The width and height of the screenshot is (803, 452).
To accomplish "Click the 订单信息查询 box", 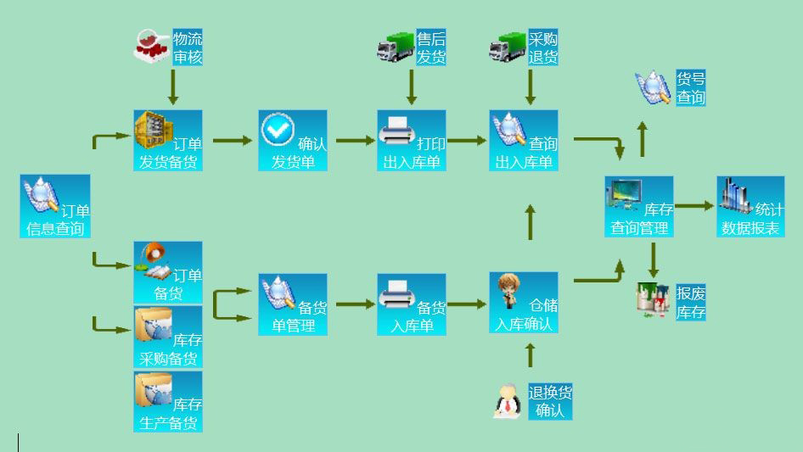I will click(55, 206).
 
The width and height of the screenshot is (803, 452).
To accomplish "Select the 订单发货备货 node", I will click(168, 140).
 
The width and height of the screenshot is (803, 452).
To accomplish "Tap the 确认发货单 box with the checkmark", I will click(293, 140).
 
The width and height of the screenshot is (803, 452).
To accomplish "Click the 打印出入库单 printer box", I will click(412, 140).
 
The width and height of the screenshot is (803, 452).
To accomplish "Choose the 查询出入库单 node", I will click(524, 140).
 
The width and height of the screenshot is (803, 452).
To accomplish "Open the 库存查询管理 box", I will click(638, 206).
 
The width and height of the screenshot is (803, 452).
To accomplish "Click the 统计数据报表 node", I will click(750, 206).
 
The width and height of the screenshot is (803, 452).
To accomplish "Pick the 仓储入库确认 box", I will click(524, 302).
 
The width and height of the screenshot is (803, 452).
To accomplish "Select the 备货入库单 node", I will click(412, 304).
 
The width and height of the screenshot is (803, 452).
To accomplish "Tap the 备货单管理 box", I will click(293, 304).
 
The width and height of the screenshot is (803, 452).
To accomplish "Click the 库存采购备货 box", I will click(168, 337).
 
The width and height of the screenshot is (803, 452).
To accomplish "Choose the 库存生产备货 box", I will click(168, 401).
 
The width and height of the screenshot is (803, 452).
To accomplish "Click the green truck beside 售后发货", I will click(395, 47).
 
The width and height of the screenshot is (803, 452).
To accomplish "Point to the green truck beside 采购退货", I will click(508, 47).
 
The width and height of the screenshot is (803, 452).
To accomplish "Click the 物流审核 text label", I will click(188, 48).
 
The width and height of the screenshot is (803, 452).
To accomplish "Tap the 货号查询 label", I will click(690, 87).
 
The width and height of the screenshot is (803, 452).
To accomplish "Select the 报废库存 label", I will click(690, 303).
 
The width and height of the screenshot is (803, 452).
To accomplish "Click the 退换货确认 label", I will click(550, 402).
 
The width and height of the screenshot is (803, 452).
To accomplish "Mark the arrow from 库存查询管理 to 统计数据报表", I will click(694, 205).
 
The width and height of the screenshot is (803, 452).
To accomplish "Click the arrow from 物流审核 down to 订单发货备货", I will click(173, 86).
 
